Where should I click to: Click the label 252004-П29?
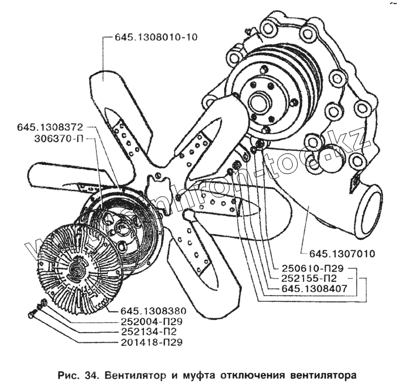pyautogui.click(x=150, y=322)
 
